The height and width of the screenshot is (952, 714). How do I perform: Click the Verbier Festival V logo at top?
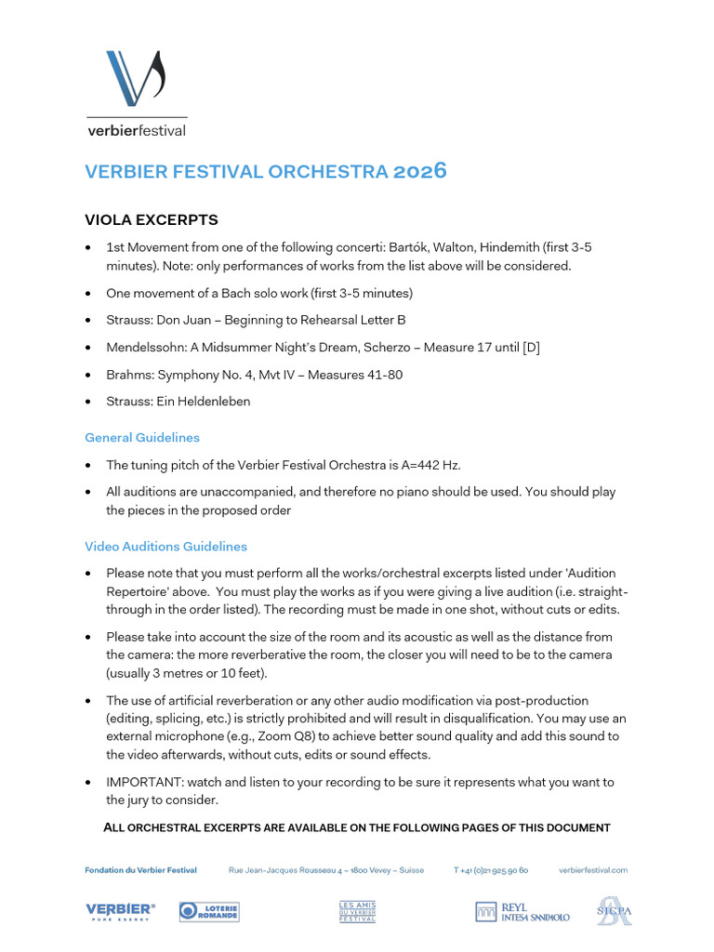[x=135, y=79]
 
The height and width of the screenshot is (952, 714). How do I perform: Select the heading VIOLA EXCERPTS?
[x=152, y=220]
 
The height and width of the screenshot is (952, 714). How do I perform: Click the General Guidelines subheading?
[x=142, y=437]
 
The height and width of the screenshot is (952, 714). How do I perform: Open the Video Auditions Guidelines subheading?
[x=165, y=546]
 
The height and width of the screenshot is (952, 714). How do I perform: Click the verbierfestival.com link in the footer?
[x=593, y=870]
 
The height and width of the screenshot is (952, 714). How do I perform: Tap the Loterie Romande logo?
[x=209, y=912]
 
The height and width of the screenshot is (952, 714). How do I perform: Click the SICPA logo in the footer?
[x=614, y=911]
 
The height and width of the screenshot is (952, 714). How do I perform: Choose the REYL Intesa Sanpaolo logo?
[x=522, y=912]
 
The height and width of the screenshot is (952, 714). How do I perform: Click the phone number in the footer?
[x=491, y=870]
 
